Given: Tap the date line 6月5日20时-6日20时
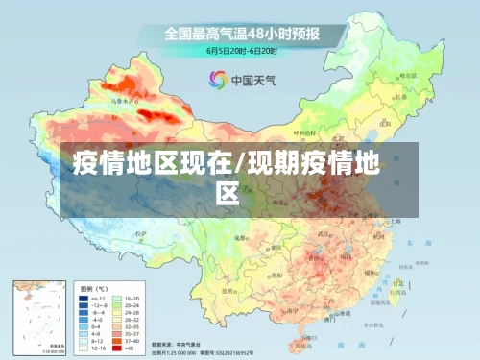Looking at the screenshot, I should point(243,49).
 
